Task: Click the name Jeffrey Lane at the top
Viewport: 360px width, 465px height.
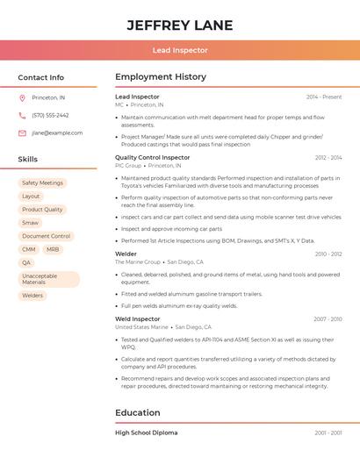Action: tap(179, 25)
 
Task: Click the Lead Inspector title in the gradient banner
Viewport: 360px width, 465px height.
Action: tap(179, 51)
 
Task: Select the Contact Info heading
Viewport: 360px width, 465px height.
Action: tap(41, 77)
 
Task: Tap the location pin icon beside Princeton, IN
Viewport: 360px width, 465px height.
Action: tap(22, 97)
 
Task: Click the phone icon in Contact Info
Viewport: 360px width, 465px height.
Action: tap(22, 115)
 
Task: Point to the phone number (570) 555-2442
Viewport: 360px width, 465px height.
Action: tap(50, 115)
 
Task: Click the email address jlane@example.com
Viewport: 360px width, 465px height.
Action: tap(57, 133)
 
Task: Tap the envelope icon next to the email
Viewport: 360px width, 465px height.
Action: tap(22, 133)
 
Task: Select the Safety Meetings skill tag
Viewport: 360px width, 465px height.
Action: tap(42, 183)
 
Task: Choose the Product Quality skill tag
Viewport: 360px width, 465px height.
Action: tap(42, 210)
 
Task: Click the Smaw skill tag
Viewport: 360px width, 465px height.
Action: tap(31, 223)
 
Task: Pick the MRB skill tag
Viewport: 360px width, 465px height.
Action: tap(53, 249)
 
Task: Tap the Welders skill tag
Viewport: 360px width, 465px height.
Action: tap(32, 296)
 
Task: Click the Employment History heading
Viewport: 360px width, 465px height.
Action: tap(161, 77)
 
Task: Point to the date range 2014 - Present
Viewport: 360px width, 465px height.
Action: tap(324, 97)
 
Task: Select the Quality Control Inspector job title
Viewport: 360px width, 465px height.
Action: tap(153, 157)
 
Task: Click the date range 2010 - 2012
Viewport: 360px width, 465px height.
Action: tap(328, 254)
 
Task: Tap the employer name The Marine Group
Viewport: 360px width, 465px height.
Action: tap(138, 262)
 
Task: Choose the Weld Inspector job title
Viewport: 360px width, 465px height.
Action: tap(138, 319)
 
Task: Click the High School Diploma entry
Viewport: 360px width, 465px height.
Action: tap(147, 433)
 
